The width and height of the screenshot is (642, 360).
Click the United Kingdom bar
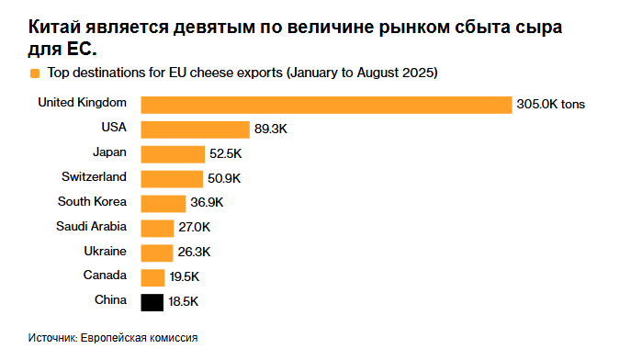tap(326, 105)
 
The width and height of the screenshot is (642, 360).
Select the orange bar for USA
tap(196, 129)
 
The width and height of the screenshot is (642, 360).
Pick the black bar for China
tap(152, 301)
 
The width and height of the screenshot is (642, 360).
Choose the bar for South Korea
tap(163, 203)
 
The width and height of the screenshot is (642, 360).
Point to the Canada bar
tap(152, 276)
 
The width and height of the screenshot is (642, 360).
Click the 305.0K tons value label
tap(551, 105)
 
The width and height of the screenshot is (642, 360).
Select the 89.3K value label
tap(274, 129)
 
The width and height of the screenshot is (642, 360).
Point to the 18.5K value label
tap(184, 301)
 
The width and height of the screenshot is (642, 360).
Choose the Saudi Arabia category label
tap(91, 226)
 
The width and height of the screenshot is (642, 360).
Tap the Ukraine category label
tap(105, 250)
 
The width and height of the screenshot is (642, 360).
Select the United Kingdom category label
tap(82, 102)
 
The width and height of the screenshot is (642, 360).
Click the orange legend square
tap(34, 72)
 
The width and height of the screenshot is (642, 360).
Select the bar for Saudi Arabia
tap(157, 228)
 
